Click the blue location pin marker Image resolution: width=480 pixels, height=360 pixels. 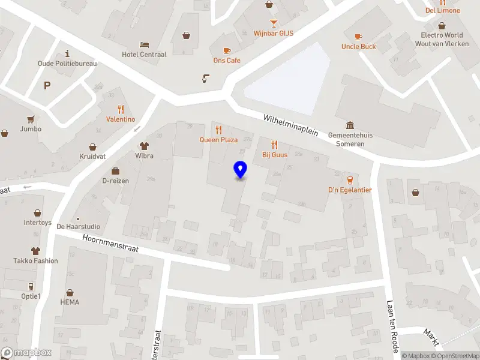[240, 170]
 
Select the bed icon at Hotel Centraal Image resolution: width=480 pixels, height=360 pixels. [144, 44]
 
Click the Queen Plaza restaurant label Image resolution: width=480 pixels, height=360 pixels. [218, 140]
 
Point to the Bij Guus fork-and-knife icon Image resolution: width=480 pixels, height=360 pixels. [275, 145]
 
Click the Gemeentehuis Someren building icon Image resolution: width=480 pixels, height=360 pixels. [350, 125]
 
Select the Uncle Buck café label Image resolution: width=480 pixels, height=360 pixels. [359, 46]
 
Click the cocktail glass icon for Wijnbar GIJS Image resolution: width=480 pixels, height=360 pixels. [274, 23]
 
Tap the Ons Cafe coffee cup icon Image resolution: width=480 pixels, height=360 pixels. [227, 50]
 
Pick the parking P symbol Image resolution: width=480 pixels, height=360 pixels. [47, 85]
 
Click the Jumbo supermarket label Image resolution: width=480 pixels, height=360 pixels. [31, 128]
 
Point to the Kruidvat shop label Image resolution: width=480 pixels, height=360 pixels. [92, 156]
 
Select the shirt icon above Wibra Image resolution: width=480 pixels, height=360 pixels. [144, 146]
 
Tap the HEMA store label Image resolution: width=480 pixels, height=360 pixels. [70, 302]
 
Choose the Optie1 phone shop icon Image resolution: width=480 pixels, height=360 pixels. [31, 286]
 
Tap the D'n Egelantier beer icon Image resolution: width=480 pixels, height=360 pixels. [350, 180]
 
